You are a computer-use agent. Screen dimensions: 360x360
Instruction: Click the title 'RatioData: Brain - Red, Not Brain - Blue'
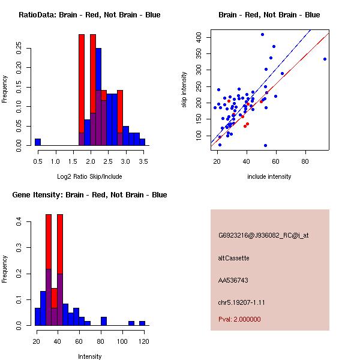[x=89, y=15]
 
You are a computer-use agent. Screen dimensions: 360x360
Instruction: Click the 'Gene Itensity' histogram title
[x=89, y=195]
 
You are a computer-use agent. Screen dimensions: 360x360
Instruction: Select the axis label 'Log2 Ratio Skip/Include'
[x=89, y=176]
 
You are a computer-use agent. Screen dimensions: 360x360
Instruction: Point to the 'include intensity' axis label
[x=269, y=176]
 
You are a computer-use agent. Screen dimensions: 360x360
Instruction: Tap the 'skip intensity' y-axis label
[x=184, y=90]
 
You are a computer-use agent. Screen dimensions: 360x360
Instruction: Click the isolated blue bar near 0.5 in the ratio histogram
[x=38, y=142]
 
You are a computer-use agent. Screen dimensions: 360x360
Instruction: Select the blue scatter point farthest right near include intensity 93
[x=325, y=59]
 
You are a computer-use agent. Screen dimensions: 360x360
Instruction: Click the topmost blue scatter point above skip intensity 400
[x=262, y=34]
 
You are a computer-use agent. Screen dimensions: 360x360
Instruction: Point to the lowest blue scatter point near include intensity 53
[x=265, y=145]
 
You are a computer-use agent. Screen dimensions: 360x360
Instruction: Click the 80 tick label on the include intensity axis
[x=305, y=161]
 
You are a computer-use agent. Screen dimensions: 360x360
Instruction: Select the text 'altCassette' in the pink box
[x=234, y=258]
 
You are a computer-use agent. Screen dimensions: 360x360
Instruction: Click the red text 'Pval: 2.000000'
[x=239, y=319]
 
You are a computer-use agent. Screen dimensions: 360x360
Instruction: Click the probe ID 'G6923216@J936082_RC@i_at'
[x=263, y=236]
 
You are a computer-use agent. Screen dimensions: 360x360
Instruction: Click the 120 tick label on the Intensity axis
[x=143, y=341]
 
